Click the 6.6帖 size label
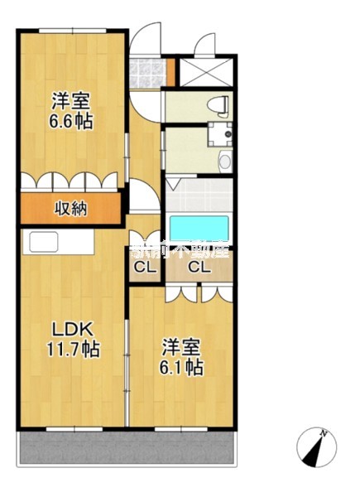pyautogui.click(x=70, y=121)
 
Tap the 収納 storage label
pyautogui.click(x=71, y=208)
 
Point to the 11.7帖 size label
pyautogui.click(x=72, y=350)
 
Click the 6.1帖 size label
pyautogui.click(x=183, y=367)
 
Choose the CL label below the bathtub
pyautogui.click(x=199, y=267)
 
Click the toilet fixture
pyautogui.click(x=218, y=104)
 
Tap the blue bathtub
pyautogui.click(x=199, y=229)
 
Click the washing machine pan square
pyautogui.click(x=221, y=133)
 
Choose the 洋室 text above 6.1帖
pyautogui.click(x=182, y=346)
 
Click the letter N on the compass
pyautogui.click(x=325, y=433)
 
